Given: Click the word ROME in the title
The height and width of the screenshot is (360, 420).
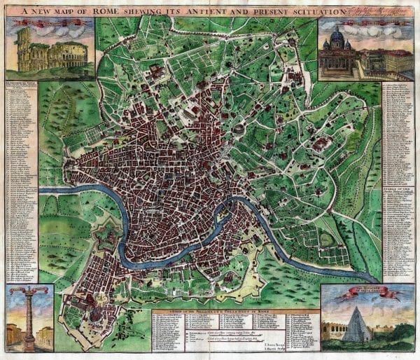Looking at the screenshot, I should (118, 11).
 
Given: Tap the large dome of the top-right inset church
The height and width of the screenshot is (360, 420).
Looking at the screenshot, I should (337, 36).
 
